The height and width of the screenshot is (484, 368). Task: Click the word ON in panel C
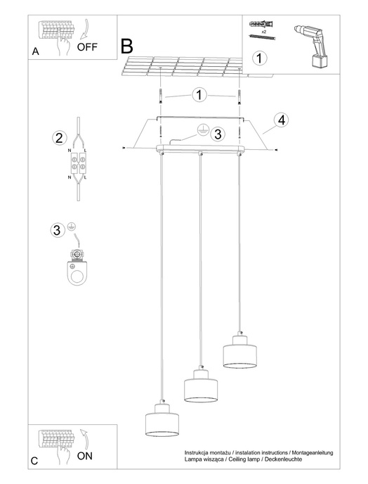pyautogui.click(x=85, y=455)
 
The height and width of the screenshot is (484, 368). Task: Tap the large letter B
pyautogui.click(x=127, y=47)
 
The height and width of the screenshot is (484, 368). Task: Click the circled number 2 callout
pyautogui.click(x=59, y=137)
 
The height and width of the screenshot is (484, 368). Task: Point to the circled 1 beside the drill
pyautogui.click(x=259, y=58)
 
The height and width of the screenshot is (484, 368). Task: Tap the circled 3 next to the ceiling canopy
pyautogui.click(x=218, y=134)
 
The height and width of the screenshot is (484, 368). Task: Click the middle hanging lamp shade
pyautogui.click(x=199, y=387)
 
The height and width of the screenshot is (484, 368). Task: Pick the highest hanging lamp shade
pyautogui.click(x=239, y=352)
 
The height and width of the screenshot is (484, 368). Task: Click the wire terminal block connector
pyautogui.click(x=77, y=163)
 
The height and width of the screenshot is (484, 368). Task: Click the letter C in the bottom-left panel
pyautogui.click(x=34, y=461)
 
